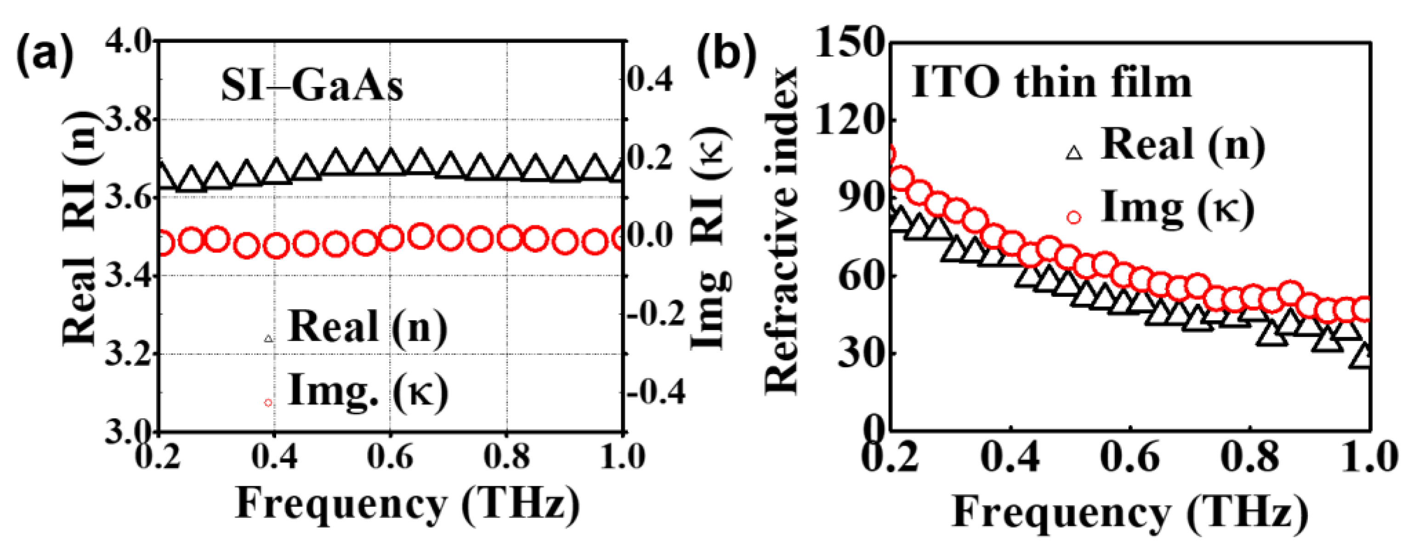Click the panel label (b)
point(727,55)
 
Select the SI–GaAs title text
point(312,86)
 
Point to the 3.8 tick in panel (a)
point(127,119)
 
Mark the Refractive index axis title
point(782,230)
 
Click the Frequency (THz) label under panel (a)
point(407,504)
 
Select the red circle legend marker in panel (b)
point(1074,217)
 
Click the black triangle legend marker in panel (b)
point(1074,153)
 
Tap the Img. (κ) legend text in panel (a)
point(368,391)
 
